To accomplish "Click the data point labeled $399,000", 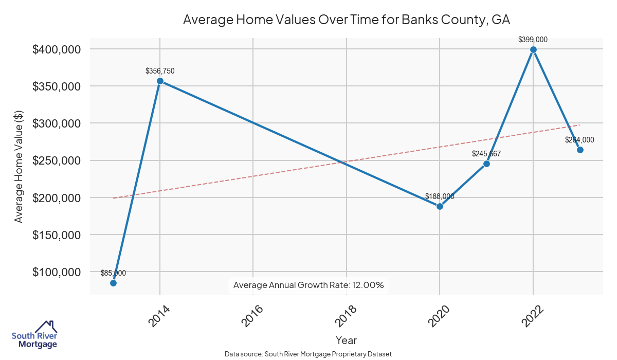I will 533,50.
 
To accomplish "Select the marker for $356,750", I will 160,81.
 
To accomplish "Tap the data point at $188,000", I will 440,206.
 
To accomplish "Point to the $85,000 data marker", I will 113,283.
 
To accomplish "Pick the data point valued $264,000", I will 580,150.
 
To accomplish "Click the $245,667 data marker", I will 486,164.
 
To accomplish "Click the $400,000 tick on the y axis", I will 56,49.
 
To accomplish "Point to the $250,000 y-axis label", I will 56,160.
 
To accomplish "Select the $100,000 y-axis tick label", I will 56,272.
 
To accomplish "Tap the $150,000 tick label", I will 56,235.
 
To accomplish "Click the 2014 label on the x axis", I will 159,315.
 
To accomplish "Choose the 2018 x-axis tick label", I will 346,315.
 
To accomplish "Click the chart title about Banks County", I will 346,20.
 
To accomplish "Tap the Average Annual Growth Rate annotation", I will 308,285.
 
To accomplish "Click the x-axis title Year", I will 346,340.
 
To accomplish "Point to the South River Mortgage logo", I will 34,335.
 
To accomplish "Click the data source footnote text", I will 308,354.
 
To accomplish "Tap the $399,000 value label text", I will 533,39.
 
